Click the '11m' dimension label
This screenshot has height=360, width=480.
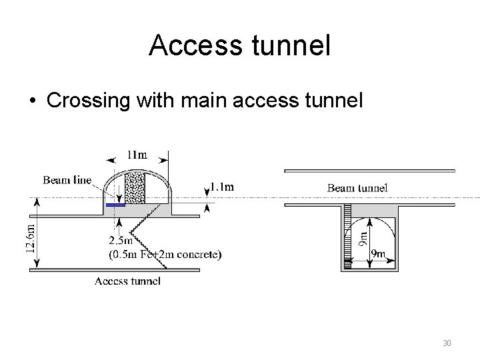click(x=137, y=155)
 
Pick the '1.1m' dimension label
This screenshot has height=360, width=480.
click(x=222, y=187)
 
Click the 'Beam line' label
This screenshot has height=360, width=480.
click(x=67, y=180)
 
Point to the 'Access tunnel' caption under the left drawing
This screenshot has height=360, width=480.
click(x=127, y=281)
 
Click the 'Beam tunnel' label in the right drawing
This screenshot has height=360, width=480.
click(x=357, y=188)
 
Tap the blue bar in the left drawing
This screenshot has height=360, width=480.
click(x=115, y=205)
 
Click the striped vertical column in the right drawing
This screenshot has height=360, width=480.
click(x=347, y=237)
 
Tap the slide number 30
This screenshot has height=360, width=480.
click(x=447, y=343)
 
